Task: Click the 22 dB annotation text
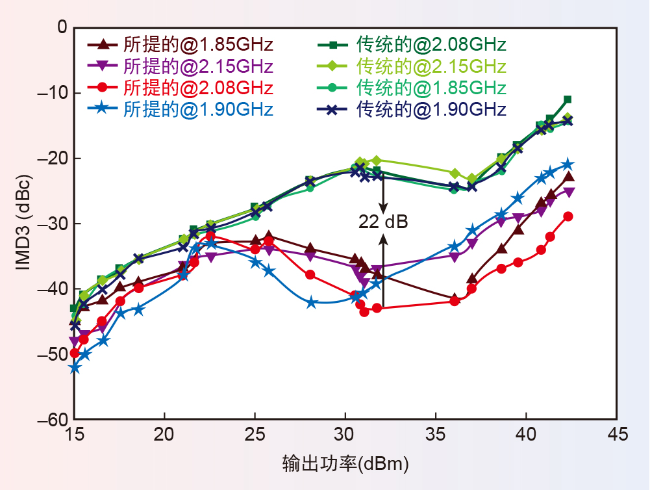coord(383,223)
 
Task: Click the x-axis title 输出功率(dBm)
coord(345,463)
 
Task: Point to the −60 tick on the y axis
coord(53,420)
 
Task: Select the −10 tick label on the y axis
coord(53,92)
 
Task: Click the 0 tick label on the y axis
coord(62,27)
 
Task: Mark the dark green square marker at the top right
coord(568,99)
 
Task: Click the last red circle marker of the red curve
coord(568,216)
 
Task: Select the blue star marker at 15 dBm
coord(75,368)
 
